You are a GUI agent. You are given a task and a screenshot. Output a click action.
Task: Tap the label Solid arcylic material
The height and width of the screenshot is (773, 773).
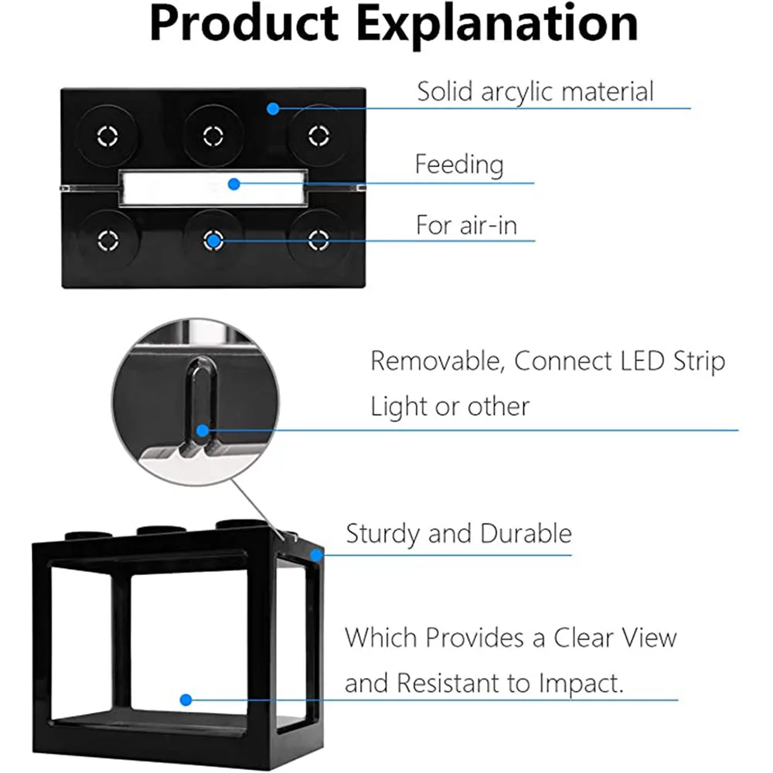(x=535, y=91)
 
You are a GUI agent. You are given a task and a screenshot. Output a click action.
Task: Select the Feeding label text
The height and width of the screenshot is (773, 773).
(x=459, y=164)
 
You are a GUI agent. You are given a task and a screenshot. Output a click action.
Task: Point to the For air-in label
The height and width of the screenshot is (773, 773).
(x=466, y=225)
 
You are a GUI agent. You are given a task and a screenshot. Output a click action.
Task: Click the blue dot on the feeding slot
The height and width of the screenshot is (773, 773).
(x=234, y=183)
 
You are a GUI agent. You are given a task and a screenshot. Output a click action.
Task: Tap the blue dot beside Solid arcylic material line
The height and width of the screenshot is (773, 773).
(x=272, y=108)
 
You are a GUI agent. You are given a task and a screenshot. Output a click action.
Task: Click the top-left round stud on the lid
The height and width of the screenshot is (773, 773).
(x=107, y=136)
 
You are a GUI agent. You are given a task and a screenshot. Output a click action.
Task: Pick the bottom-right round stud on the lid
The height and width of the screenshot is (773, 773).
(x=318, y=240)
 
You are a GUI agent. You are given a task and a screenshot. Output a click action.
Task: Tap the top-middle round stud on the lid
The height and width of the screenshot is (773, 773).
(x=213, y=136)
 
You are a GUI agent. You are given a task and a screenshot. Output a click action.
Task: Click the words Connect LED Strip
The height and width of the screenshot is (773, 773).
(x=620, y=361)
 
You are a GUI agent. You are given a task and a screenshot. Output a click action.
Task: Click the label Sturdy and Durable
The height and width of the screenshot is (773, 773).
(x=458, y=533)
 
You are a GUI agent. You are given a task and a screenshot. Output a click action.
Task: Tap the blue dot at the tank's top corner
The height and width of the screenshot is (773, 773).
(x=315, y=553)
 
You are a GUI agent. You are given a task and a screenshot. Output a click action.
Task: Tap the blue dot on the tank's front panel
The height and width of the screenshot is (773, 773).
(x=186, y=700)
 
